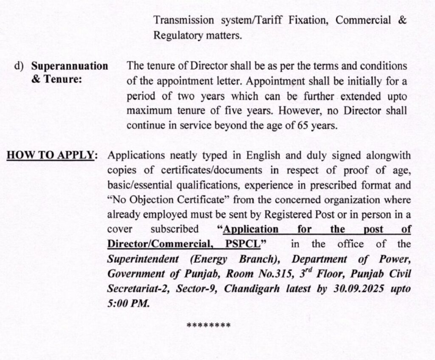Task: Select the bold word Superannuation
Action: click(70, 66)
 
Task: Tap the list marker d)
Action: click(19, 66)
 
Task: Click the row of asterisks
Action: click(209, 326)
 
